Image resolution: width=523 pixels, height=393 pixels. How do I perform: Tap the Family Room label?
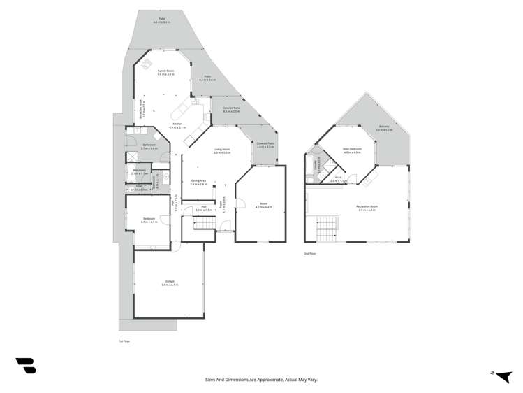165,71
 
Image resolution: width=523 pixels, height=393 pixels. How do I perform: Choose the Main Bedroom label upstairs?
351,150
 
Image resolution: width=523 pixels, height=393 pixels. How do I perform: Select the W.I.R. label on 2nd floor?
337,179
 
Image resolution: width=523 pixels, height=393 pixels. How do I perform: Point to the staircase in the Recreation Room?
327,227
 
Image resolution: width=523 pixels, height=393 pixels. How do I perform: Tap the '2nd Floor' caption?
311,253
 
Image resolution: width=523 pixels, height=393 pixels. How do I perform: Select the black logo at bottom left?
25,366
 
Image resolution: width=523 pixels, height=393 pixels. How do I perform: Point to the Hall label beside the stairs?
204,207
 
